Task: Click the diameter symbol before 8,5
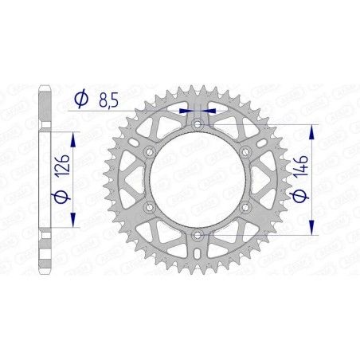tap(80, 100)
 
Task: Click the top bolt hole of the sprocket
tap(198, 125)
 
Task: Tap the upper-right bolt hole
tap(245, 152)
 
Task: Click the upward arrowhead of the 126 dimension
tap(74, 138)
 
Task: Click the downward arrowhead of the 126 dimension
tap(74, 224)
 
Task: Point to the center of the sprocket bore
tap(198, 180)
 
